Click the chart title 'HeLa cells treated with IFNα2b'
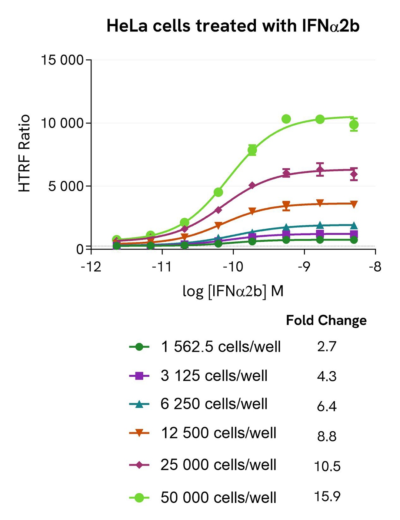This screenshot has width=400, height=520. tap(233, 26)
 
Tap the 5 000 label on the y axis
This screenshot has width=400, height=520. tap(66, 186)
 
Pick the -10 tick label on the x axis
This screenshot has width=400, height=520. tap(233, 266)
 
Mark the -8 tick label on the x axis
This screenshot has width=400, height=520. tap(375, 266)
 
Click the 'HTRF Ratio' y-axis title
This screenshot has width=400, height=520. tap(24, 153)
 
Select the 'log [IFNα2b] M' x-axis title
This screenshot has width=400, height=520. tap(233, 291)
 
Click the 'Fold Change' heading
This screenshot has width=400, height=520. tap(326, 320)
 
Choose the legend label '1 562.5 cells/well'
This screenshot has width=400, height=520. tap(221, 347)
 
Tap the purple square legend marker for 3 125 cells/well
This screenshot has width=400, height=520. tap(139, 376)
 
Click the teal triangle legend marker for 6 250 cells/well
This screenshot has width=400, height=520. tap(139, 404)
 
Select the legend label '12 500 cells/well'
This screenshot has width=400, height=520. tap(219, 433)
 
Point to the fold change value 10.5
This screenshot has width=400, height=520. tap(327, 466)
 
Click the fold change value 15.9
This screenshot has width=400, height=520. tap(327, 496)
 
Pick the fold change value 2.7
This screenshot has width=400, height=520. tap(327, 347)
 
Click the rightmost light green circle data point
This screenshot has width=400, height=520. tap(354, 125)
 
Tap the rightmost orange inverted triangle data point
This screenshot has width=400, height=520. tap(354, 204)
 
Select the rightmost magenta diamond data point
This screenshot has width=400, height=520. tap(354, 174)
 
